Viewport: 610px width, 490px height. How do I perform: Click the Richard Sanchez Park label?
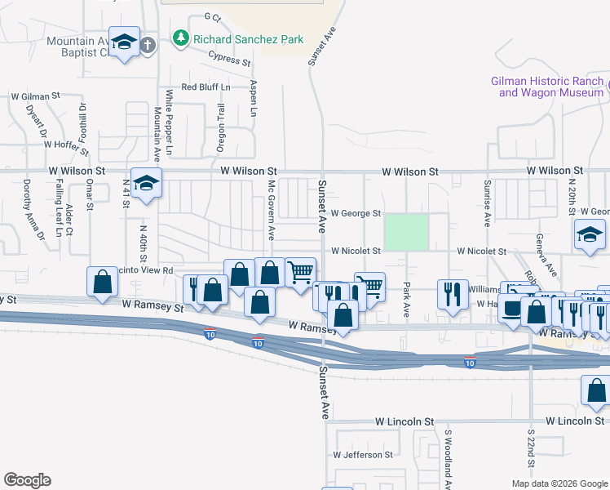click(248, 39)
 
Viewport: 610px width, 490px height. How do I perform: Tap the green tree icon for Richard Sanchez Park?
click(181, 38)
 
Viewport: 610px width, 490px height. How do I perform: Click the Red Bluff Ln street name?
click(206, 87)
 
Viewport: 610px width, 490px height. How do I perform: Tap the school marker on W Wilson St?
click(146, 184)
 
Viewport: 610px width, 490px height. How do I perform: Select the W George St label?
click(356, 214)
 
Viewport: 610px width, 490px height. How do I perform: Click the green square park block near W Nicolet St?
click(406, 232)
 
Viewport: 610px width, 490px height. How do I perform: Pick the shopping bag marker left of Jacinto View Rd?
click(102, 283)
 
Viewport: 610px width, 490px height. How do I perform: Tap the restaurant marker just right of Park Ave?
click(453, 294)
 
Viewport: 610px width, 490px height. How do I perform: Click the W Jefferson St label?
click(363, 454)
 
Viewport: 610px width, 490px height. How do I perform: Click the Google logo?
click(28, 480)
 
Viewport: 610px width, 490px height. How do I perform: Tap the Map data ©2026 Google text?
click(559, 483)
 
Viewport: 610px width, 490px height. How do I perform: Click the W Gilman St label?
click(38, 96)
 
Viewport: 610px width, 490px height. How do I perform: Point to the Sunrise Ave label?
click(487, 203)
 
